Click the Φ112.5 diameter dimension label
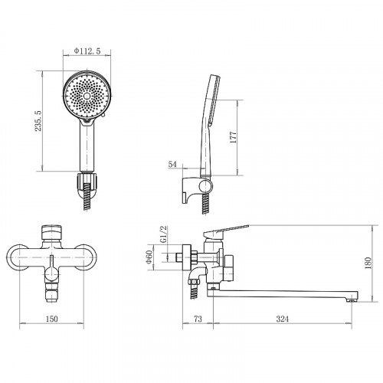(x=87, y=51)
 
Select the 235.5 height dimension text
(x=38, y=121)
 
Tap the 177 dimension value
(x=234, y=137)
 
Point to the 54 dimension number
(x=172, y=165)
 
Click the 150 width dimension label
(x=51, y=319)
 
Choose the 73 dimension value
(x=198, y=319)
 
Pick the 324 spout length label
(x=283, y=319)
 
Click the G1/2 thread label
(x=164, y=234)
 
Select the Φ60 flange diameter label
(x=149, y=257)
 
